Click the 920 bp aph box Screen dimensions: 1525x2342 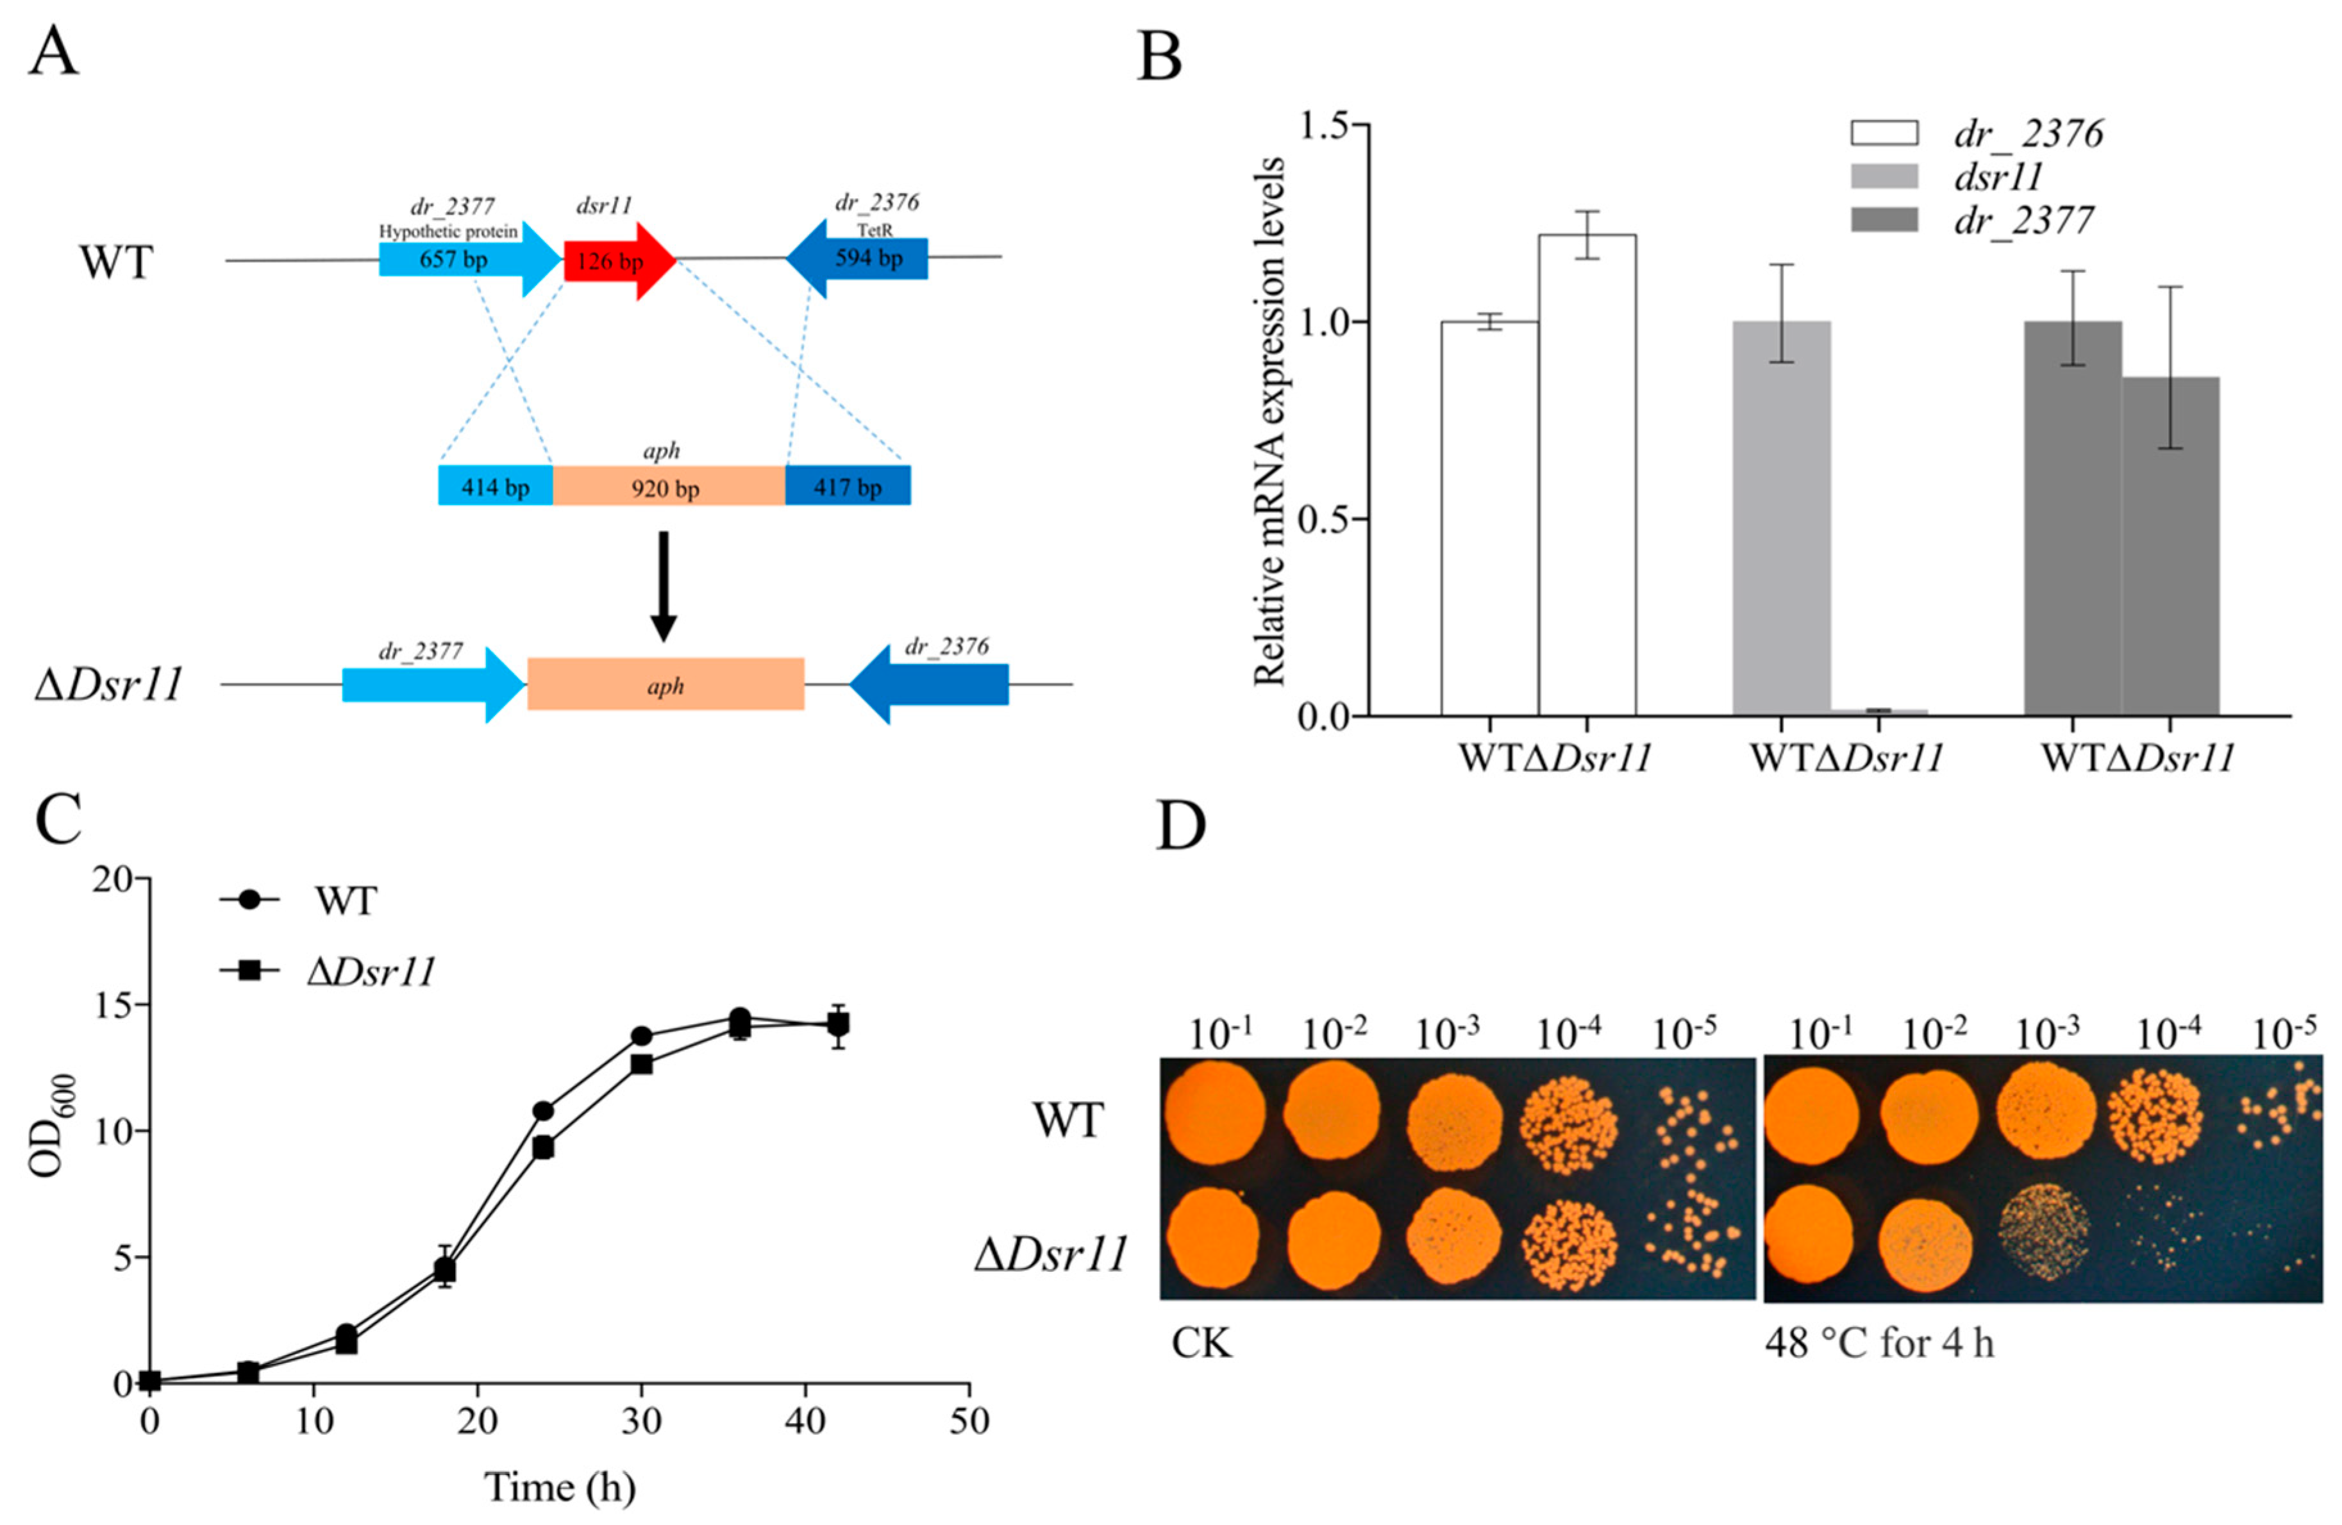668,486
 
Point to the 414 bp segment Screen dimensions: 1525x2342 495,486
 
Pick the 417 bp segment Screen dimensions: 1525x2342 848,486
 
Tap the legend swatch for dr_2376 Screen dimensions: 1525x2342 1884,133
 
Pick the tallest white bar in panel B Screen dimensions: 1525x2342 1587,474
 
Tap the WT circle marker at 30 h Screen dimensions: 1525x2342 642,1036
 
